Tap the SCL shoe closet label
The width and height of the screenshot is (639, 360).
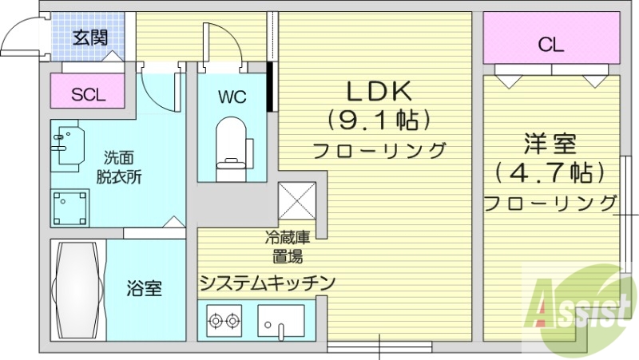click(x=88, y=94)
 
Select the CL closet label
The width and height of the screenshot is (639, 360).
click(x=550, y=45)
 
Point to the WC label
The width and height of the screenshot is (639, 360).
click(x=232, y=97)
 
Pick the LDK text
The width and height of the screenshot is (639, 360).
click(x=379, y=90)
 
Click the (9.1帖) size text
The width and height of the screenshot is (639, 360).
click(x=379, y=121)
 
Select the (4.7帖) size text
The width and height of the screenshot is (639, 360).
click(x=550, y=172)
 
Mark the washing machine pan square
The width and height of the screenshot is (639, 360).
click(x=70, y=208)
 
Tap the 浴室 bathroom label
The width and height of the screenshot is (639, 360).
click(x=145, y=288)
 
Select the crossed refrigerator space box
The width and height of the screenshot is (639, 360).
click(x=298, y=200)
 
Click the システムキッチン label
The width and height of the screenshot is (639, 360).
click(x=266, y=283)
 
